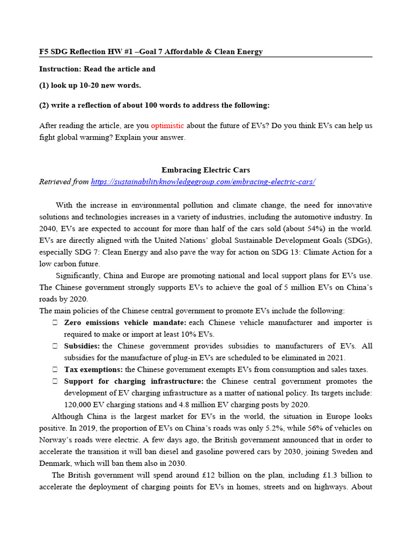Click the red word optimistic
(167, 125)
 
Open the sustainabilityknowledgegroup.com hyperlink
(203, 182)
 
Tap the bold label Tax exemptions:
(93, 369)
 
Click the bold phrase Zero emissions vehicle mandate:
(124, 323)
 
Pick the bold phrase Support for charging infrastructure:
(134, 381)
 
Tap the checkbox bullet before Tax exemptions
(55, 369)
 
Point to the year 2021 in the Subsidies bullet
(335, 358)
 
